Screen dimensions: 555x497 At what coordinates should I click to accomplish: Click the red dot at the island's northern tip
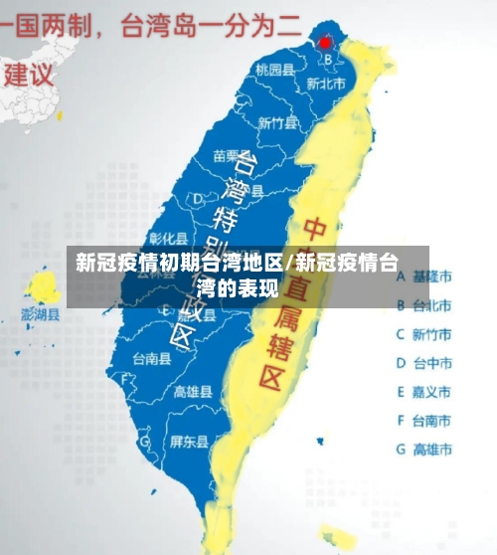pyautogui.click(x=324, y=43)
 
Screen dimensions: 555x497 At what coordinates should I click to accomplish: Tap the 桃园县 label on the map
pyautogui.click(x=274, y=70)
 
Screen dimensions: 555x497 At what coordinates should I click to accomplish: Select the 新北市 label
pyautogui.click(x=325, y=85)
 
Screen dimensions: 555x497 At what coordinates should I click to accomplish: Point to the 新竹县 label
pyautogui.click(x=277, y=123)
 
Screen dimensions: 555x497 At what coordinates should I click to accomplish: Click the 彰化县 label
pyautogui.click(x=168, y=238)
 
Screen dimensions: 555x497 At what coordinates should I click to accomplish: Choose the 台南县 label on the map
pyautogui.click(x=151, y=358)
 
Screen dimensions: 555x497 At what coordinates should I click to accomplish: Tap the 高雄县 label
pyautogui.click(x=193, y=392)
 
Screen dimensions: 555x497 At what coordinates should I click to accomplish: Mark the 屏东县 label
pyautogui.click(x=189, y=441)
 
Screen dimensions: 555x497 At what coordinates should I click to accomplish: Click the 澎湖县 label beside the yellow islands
pyautogui.click(x=41, y=314)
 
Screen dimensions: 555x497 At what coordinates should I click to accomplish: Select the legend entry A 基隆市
pyautogui.click(x=424, y=276)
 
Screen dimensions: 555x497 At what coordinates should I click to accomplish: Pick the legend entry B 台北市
pyautogui.click(x=424, y=304)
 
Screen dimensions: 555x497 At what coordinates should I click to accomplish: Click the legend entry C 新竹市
pyautogui.click(x=424, y=334)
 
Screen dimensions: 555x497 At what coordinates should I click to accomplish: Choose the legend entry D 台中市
pyautogui.click(x=424, y=363)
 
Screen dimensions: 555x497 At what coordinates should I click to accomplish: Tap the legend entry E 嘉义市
pyautogui.click(x=424, y=392)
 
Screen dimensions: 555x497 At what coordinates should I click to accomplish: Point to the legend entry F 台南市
pyautogui.click(x=424, y=421)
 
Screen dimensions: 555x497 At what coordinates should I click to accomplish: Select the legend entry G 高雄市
pyautogui.click(x=424, y=450)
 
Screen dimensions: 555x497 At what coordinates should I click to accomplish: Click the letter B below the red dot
pyautogui.click(x=326, y=59)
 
